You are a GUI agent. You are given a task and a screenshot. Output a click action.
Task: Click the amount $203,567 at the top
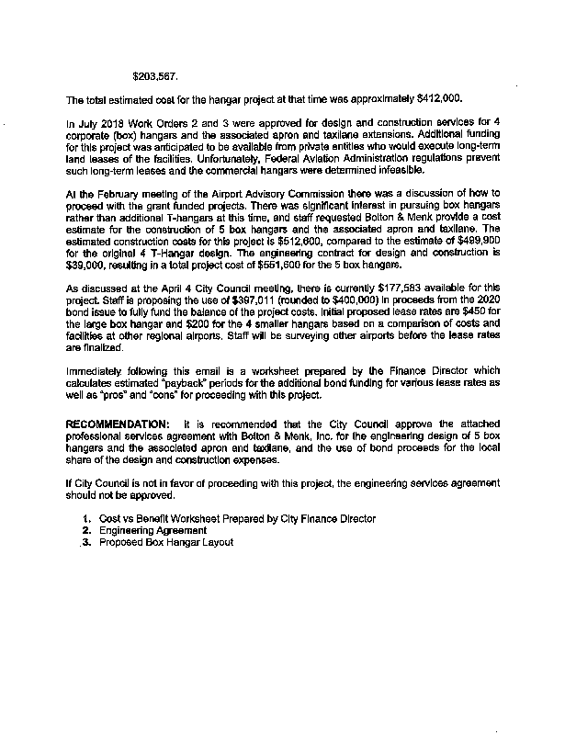click(155, 75)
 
